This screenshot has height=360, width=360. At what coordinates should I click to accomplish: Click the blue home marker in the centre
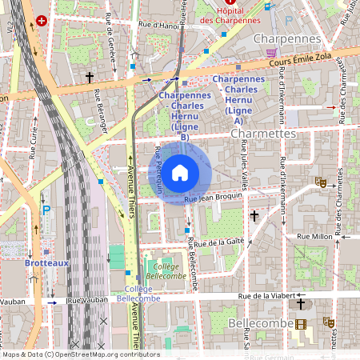pos(180,172)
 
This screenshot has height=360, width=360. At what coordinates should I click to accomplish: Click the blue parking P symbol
pos(46,210)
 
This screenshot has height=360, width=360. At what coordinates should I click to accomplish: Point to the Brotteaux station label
pos(24,262)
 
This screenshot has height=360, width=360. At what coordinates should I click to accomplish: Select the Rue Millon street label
pos(314,237)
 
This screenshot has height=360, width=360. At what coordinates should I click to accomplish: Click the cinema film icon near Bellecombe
pos(300,324)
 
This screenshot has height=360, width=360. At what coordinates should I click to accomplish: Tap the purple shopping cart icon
pos(271,52)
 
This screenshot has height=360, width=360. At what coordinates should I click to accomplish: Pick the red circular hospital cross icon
pos(53,20)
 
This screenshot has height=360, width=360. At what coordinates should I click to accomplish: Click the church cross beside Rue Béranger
pos(90,78)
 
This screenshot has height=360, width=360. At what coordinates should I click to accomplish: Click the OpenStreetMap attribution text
pos(80,354)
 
